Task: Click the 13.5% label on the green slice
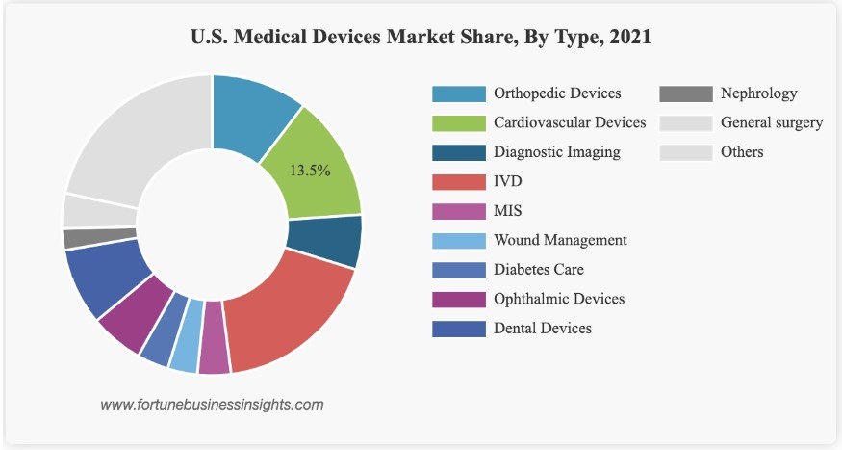coord(310,171)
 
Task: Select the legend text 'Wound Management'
coord(560,240)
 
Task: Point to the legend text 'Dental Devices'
coord(543,328)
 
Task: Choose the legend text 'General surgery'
coord(772,122)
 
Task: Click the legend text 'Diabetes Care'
coord(539,269)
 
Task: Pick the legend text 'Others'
coord(742,151)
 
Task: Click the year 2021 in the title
coord(626,38)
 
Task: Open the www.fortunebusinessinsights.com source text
coord(212,404)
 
